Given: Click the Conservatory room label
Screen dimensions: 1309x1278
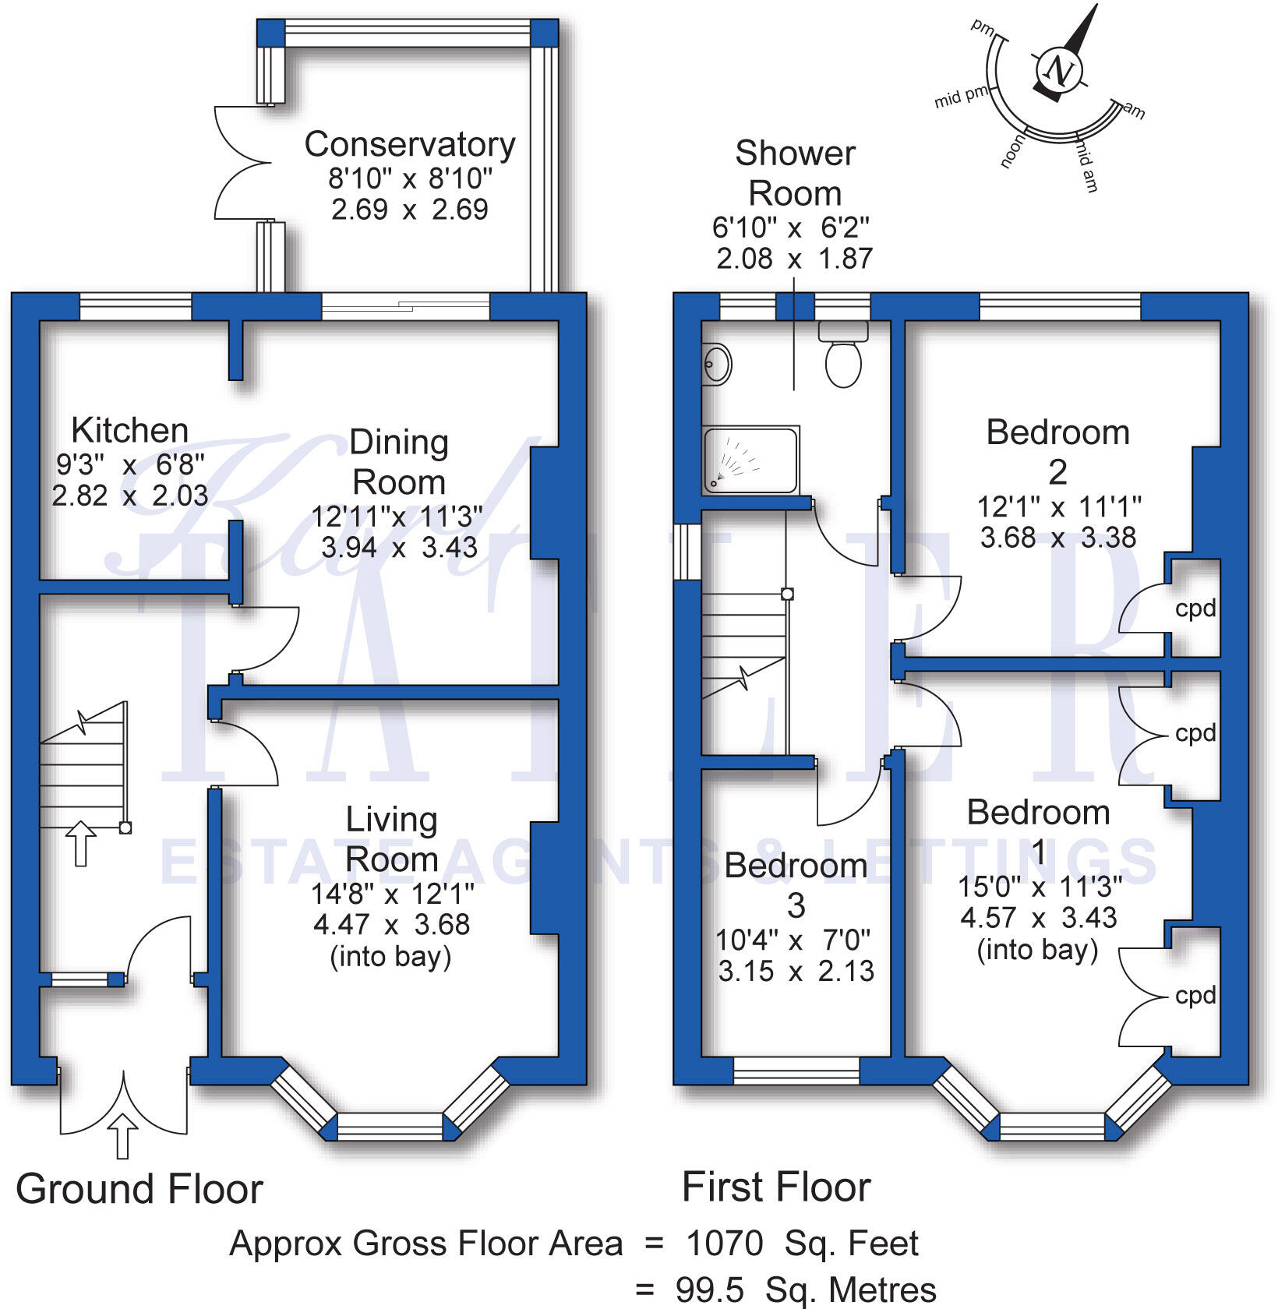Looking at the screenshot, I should (x=410, y=145).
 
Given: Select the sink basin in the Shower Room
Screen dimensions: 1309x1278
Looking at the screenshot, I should (x=717, y=364).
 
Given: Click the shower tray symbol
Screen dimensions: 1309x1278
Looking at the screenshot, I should (x=750, y=460).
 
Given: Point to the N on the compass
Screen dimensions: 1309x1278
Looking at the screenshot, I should (x=1059, y=71).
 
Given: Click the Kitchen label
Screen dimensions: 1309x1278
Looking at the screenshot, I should (x=129, y=430).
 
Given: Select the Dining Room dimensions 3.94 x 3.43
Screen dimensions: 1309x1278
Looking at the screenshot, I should (x=399, y=548).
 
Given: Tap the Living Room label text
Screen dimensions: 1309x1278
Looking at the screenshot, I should (x=391, y=839).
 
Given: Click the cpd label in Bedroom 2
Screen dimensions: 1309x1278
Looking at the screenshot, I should (x=1195, y=609).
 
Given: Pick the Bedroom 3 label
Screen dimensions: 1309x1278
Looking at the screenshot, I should (x=796, y=885).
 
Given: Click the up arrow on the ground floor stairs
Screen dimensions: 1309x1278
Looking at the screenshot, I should (x=80, y=842).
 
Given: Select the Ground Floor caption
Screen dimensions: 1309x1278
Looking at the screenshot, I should (x=139, y=1189).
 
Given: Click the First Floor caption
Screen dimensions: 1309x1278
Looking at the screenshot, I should (x=776, y=1187).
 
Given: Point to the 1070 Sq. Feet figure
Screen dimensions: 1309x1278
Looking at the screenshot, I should (x=802, y=1244).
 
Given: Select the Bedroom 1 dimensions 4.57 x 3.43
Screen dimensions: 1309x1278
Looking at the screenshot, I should (x=1038, y=918).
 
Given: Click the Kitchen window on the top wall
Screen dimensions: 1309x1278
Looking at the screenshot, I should (x=136, y=306).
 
